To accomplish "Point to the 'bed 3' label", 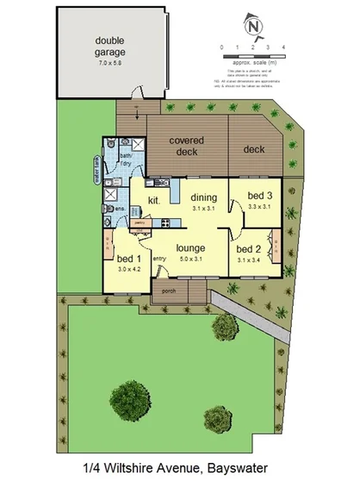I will point(258,197).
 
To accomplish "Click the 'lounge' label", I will point(190,248).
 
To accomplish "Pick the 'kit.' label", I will point(154,201).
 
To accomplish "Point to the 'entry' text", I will point(158,259).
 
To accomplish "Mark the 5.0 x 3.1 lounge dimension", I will point(190,259).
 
